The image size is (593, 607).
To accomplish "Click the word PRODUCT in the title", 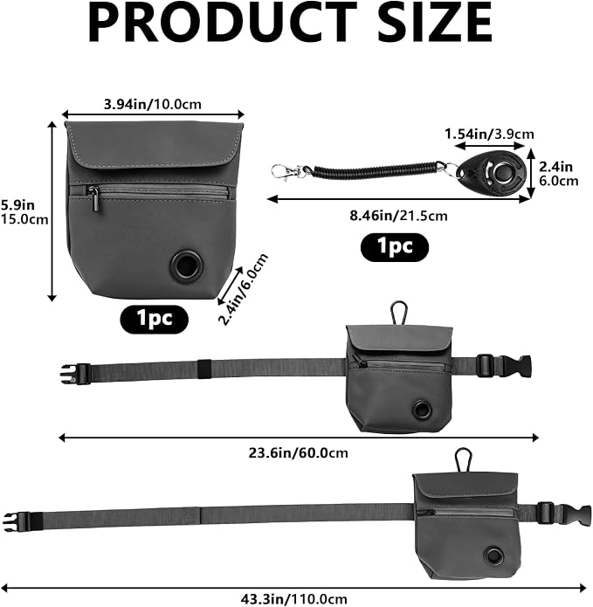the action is pyautogui.click(x=222, y=22).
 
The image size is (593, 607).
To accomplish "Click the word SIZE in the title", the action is pyautogui.click(x=434, y=22).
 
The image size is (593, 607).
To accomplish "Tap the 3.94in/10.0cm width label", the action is pyautogui.click(x=153, y=104).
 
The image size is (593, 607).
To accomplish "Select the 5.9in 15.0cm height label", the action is pyautogui.click(x=24, y=212).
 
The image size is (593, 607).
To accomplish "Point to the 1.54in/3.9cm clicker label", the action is pyautogui.click(x=489, y=134).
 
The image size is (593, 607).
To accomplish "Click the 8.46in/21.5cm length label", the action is pyautogui.click(x=399, y=215).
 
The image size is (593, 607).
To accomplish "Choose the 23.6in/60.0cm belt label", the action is pyautogui.click(x=299, y=452).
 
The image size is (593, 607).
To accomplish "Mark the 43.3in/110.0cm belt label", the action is pyautogui.click(x=294, y=599).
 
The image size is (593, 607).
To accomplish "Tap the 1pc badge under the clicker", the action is pyautogui.click(x=395, y=246).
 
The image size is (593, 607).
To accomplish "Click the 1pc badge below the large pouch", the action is pyautogui.click(x=154, y=319).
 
